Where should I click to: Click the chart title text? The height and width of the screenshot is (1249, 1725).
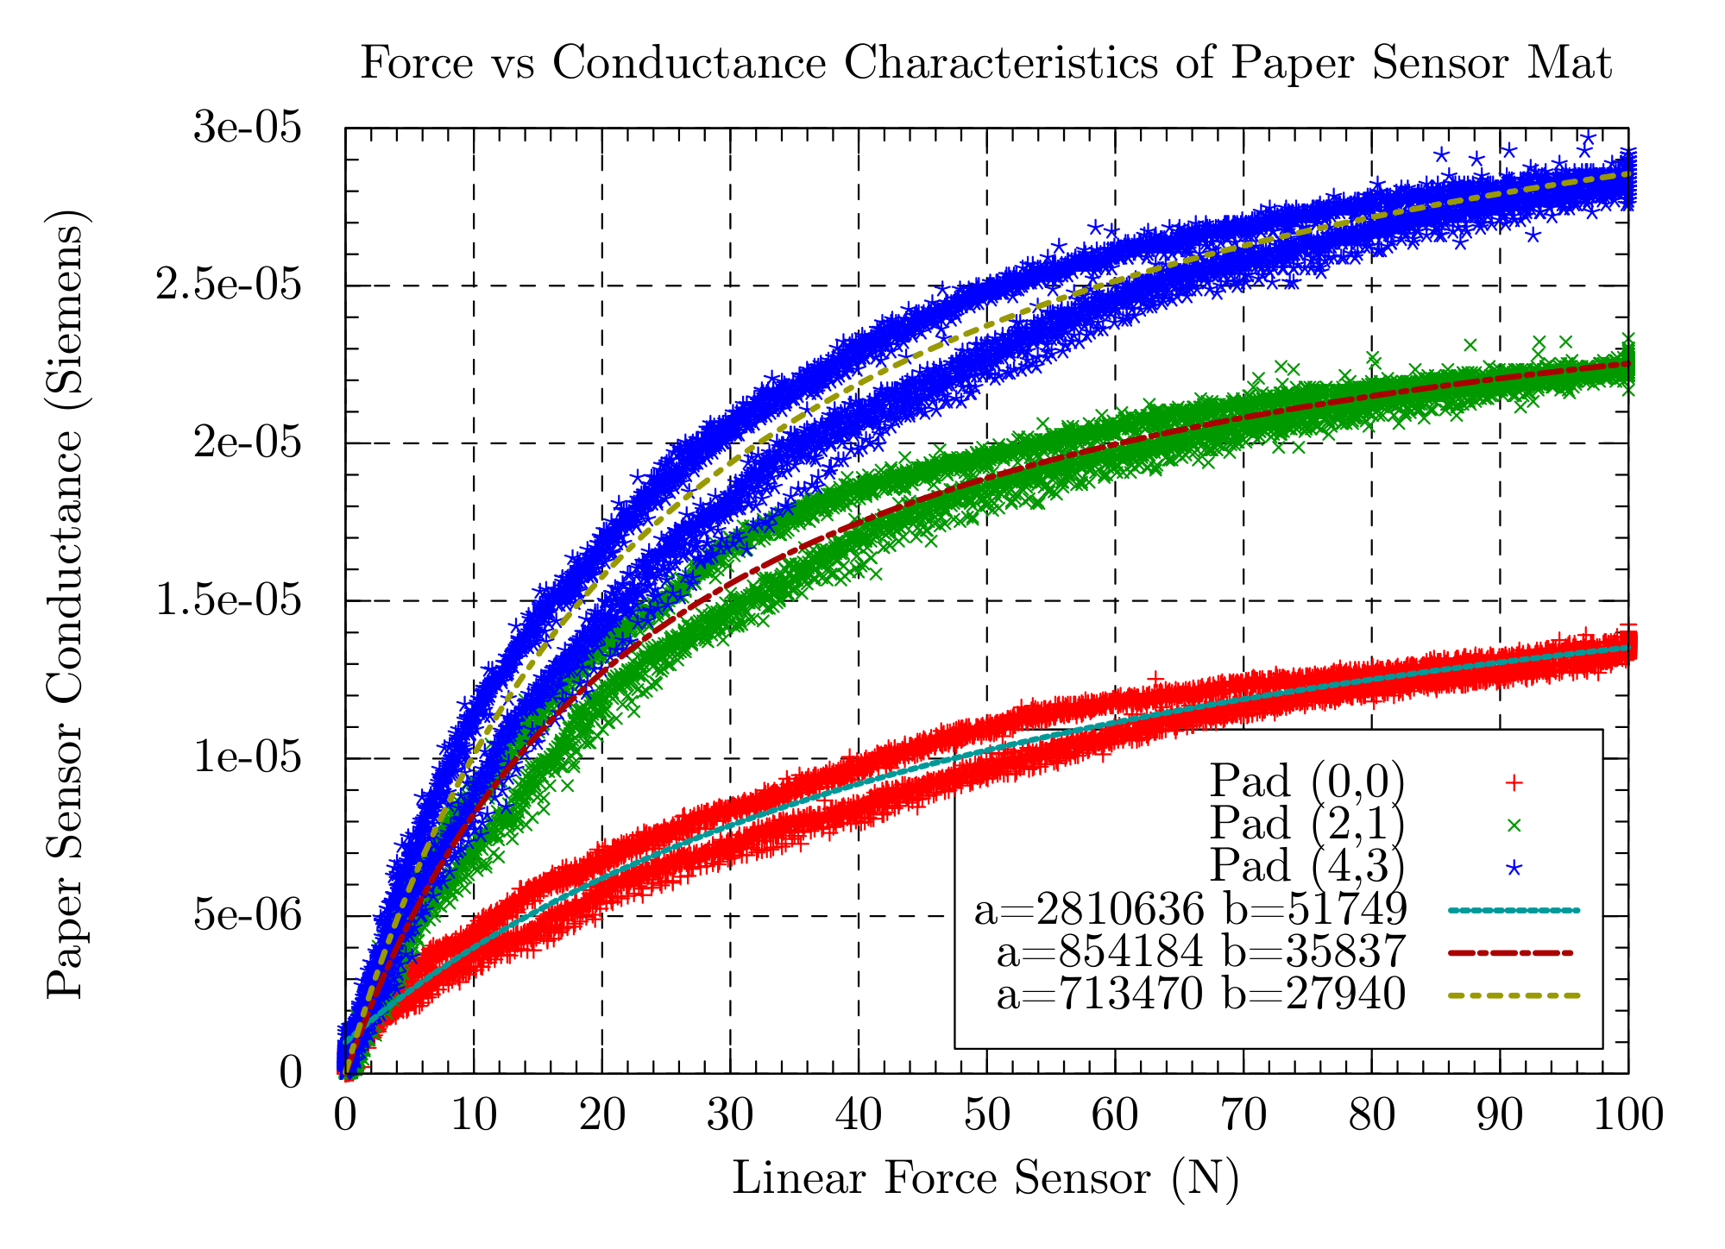[x=985, y=64]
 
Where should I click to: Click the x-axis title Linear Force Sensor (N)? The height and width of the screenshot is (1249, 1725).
[x=985, y=1178]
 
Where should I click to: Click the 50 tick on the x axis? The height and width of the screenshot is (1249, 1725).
[x=986, y=1116]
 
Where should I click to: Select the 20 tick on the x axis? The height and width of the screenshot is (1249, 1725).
[x=601, y=1116]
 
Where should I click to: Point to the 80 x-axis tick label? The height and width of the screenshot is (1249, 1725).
[x=1372, y=1116]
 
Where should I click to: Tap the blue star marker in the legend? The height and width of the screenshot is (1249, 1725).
[x=1513, y=866]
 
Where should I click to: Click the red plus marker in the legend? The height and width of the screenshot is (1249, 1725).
[x=1513, y=782]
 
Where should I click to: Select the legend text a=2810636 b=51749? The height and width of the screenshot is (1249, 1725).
[x=1190, y=910]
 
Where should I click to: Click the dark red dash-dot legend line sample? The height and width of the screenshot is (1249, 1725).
[x=1512, y=953]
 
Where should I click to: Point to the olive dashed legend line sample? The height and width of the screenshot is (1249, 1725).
[x=1512, y=995]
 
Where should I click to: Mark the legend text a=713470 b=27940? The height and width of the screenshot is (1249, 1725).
[x=1201, y=995]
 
